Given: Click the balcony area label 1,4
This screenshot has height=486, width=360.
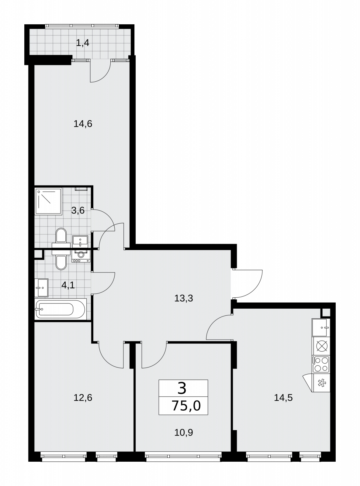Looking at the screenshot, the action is tap(82, 43).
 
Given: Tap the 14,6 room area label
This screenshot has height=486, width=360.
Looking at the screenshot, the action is tap(83, 124).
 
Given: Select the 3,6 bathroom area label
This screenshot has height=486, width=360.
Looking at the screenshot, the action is tap(78, 210).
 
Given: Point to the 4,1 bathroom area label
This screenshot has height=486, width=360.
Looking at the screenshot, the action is tap(68, 285).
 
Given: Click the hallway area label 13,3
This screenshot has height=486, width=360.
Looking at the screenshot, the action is tap(184, 298).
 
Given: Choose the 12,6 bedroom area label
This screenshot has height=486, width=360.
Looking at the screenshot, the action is tap(83, 398).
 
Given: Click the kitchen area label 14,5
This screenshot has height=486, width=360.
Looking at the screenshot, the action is tap(283, 398).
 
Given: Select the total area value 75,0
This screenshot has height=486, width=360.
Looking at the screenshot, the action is tap(186, 406).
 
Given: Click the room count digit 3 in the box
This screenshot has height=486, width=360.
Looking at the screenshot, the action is tap(182, 388).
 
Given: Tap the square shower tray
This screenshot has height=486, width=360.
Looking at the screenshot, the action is tap(48, 202).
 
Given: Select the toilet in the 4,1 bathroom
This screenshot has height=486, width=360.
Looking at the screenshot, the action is tap(61, 260).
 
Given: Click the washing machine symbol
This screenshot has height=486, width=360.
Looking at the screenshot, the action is tap(81, 256).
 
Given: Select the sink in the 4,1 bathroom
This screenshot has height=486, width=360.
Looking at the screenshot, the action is tap(41, 288).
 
